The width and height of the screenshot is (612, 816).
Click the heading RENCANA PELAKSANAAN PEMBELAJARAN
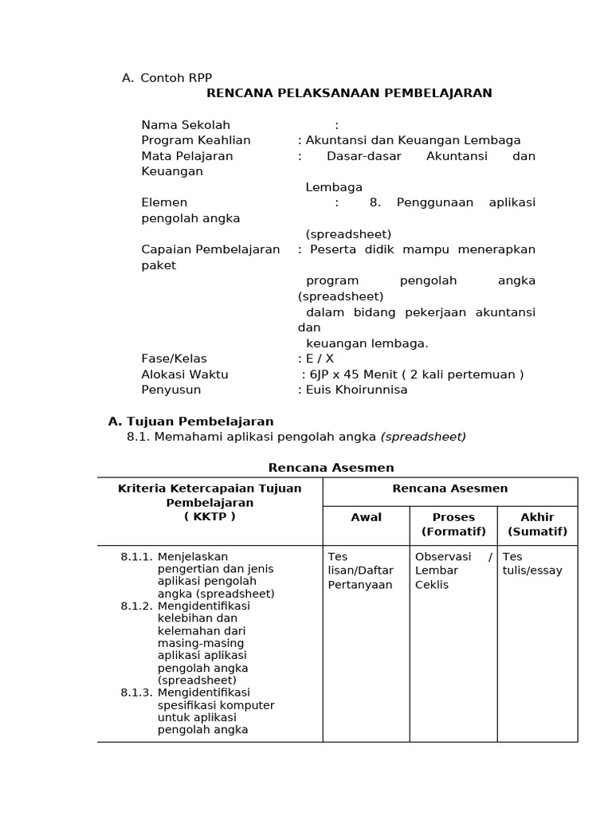tap(349, 93)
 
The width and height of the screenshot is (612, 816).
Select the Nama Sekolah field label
tap(186, 124)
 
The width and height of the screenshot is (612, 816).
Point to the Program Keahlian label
tap(196, 140)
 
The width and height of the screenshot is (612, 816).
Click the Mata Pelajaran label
tap(187, 156)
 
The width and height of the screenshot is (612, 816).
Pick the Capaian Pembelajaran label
tap(210, 249)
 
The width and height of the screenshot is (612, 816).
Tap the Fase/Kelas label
tap(174, 359)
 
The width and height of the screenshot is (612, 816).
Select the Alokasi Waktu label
tap(185, 375)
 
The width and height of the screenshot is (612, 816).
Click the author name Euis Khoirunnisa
tap(357, 390)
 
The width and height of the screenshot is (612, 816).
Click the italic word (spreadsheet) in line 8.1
tap(423, 437)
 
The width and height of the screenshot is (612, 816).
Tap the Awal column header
tap(366, 517)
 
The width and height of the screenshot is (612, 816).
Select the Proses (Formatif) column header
tap(453, 524)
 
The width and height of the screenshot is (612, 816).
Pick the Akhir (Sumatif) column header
tap(537, 524)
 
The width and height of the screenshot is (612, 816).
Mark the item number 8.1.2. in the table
tap(136, 606)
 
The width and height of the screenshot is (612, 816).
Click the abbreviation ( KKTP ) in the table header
tap(210, 516)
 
